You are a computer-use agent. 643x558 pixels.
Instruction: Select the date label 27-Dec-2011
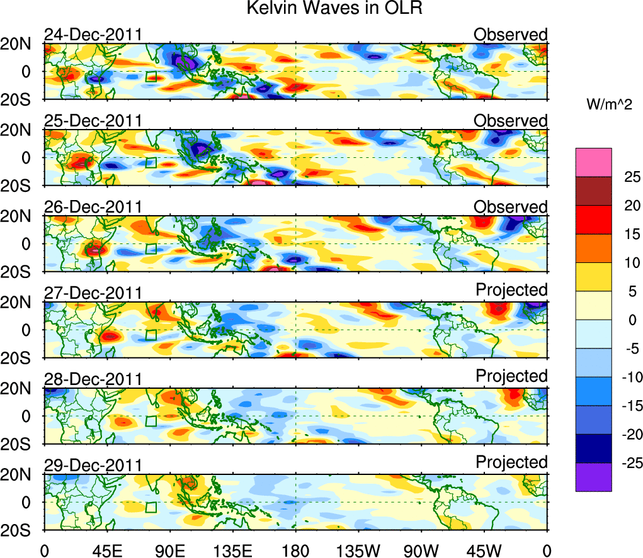click(x=93, y=293)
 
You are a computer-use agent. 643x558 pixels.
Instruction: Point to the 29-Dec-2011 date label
click(x=93, y=466)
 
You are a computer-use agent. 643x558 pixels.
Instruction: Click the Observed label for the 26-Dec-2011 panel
click(x=511, y=207)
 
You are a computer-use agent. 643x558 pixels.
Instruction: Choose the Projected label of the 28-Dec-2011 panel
click(x=511, y=376)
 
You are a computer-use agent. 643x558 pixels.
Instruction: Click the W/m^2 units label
click(x=609, y=105)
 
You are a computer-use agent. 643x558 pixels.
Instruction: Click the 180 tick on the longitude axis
click(x=295, y=551)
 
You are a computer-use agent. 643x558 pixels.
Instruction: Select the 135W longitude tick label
click(x=358, y=551)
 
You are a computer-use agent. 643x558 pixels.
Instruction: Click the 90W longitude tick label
click(x=421, y=551)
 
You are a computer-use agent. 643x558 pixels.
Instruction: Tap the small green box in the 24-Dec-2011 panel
click(x=151, y=77)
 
